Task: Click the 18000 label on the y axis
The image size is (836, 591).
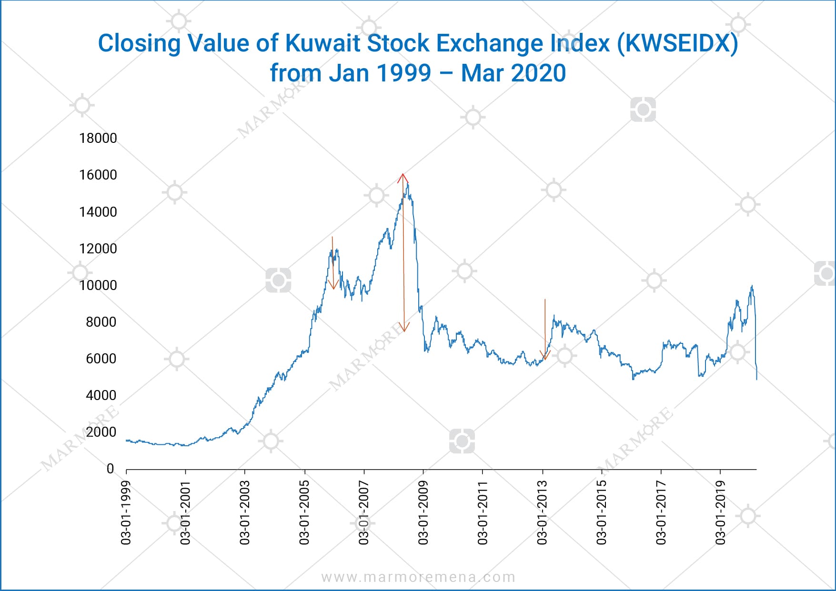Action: pos(98,138)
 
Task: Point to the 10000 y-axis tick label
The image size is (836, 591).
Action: pos(98,285)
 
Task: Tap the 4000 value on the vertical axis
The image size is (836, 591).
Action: pos(101,395)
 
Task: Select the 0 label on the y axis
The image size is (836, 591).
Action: pos(110,469)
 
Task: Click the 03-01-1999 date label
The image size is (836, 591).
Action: pos(126,512)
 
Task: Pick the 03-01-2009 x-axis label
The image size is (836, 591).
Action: pos(423,512)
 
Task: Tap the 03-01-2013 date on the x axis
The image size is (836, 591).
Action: pos(542,512)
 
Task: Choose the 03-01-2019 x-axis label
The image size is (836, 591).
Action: pos(720,512)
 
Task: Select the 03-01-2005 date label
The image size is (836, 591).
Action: pos(304,512)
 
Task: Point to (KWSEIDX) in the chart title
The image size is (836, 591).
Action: pos(677,43)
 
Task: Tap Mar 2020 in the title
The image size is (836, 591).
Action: pos(513,73)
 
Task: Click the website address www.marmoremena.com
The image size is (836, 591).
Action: pos(418,577)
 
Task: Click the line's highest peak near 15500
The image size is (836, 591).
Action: pos(408,184)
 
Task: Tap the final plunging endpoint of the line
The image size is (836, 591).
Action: pos(756,379)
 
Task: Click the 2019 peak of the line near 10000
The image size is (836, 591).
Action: pos(752,286)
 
